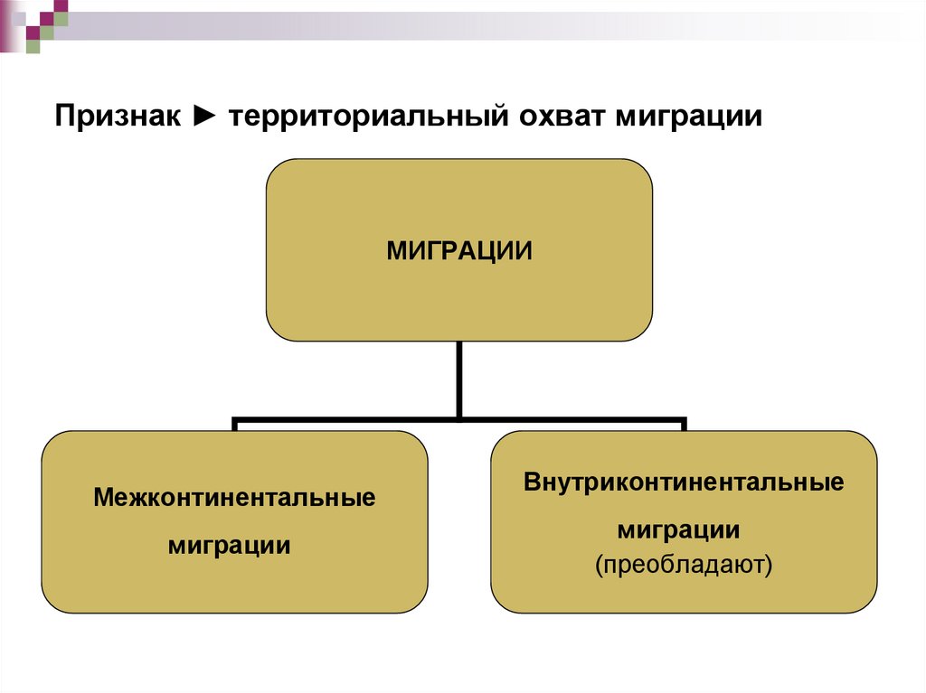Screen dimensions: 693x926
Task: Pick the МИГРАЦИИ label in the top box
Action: pyautogui.click(x=458, y=250)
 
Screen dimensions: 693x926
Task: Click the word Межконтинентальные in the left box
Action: pyautogui.click(x=234, y=498)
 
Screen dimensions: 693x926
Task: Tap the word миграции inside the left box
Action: pyautogui.click(x=230, y=546)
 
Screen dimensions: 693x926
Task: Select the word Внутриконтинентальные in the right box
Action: pyautogui.click(x=684, y=482)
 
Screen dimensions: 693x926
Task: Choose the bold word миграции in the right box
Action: pyautogui.click(x=679, y=529)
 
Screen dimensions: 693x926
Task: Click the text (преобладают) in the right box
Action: pyautogui.click(x=684, y=566)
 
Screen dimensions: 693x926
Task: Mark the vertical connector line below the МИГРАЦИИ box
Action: pyautogui.click(x=459, y=379)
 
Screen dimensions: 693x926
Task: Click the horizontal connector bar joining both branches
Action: pyautogui.click(x=362, y=420)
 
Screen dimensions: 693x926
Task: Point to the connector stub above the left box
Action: pyautogui.click(x=235, y=426)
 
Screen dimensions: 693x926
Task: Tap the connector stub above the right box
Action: pyautogui.click(x=684, y=426)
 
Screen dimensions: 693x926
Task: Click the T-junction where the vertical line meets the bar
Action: pyautogui.click(x=459, y=419)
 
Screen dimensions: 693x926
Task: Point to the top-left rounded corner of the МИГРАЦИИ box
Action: pyautogui.click(x=276, y=170)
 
